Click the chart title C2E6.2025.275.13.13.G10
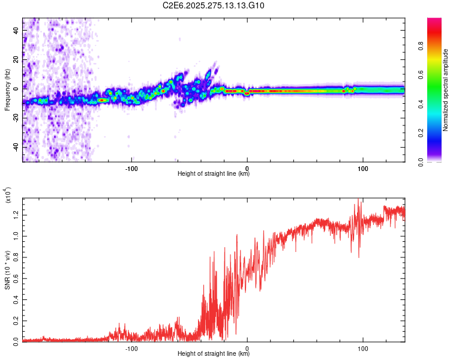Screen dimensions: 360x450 (214, 6)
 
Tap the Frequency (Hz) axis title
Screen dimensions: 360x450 (7, 90)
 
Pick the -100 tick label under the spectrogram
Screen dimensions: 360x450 (132, 169)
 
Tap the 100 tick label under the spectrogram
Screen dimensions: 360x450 (363, 169)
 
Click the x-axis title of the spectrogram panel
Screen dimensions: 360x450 (214, 175)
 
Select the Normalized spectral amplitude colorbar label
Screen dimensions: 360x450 (445, 90)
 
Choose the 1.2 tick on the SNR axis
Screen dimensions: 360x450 (17, 214)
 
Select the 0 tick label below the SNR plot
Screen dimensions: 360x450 (248, 347)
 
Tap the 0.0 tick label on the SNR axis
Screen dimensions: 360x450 (17, 341)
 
